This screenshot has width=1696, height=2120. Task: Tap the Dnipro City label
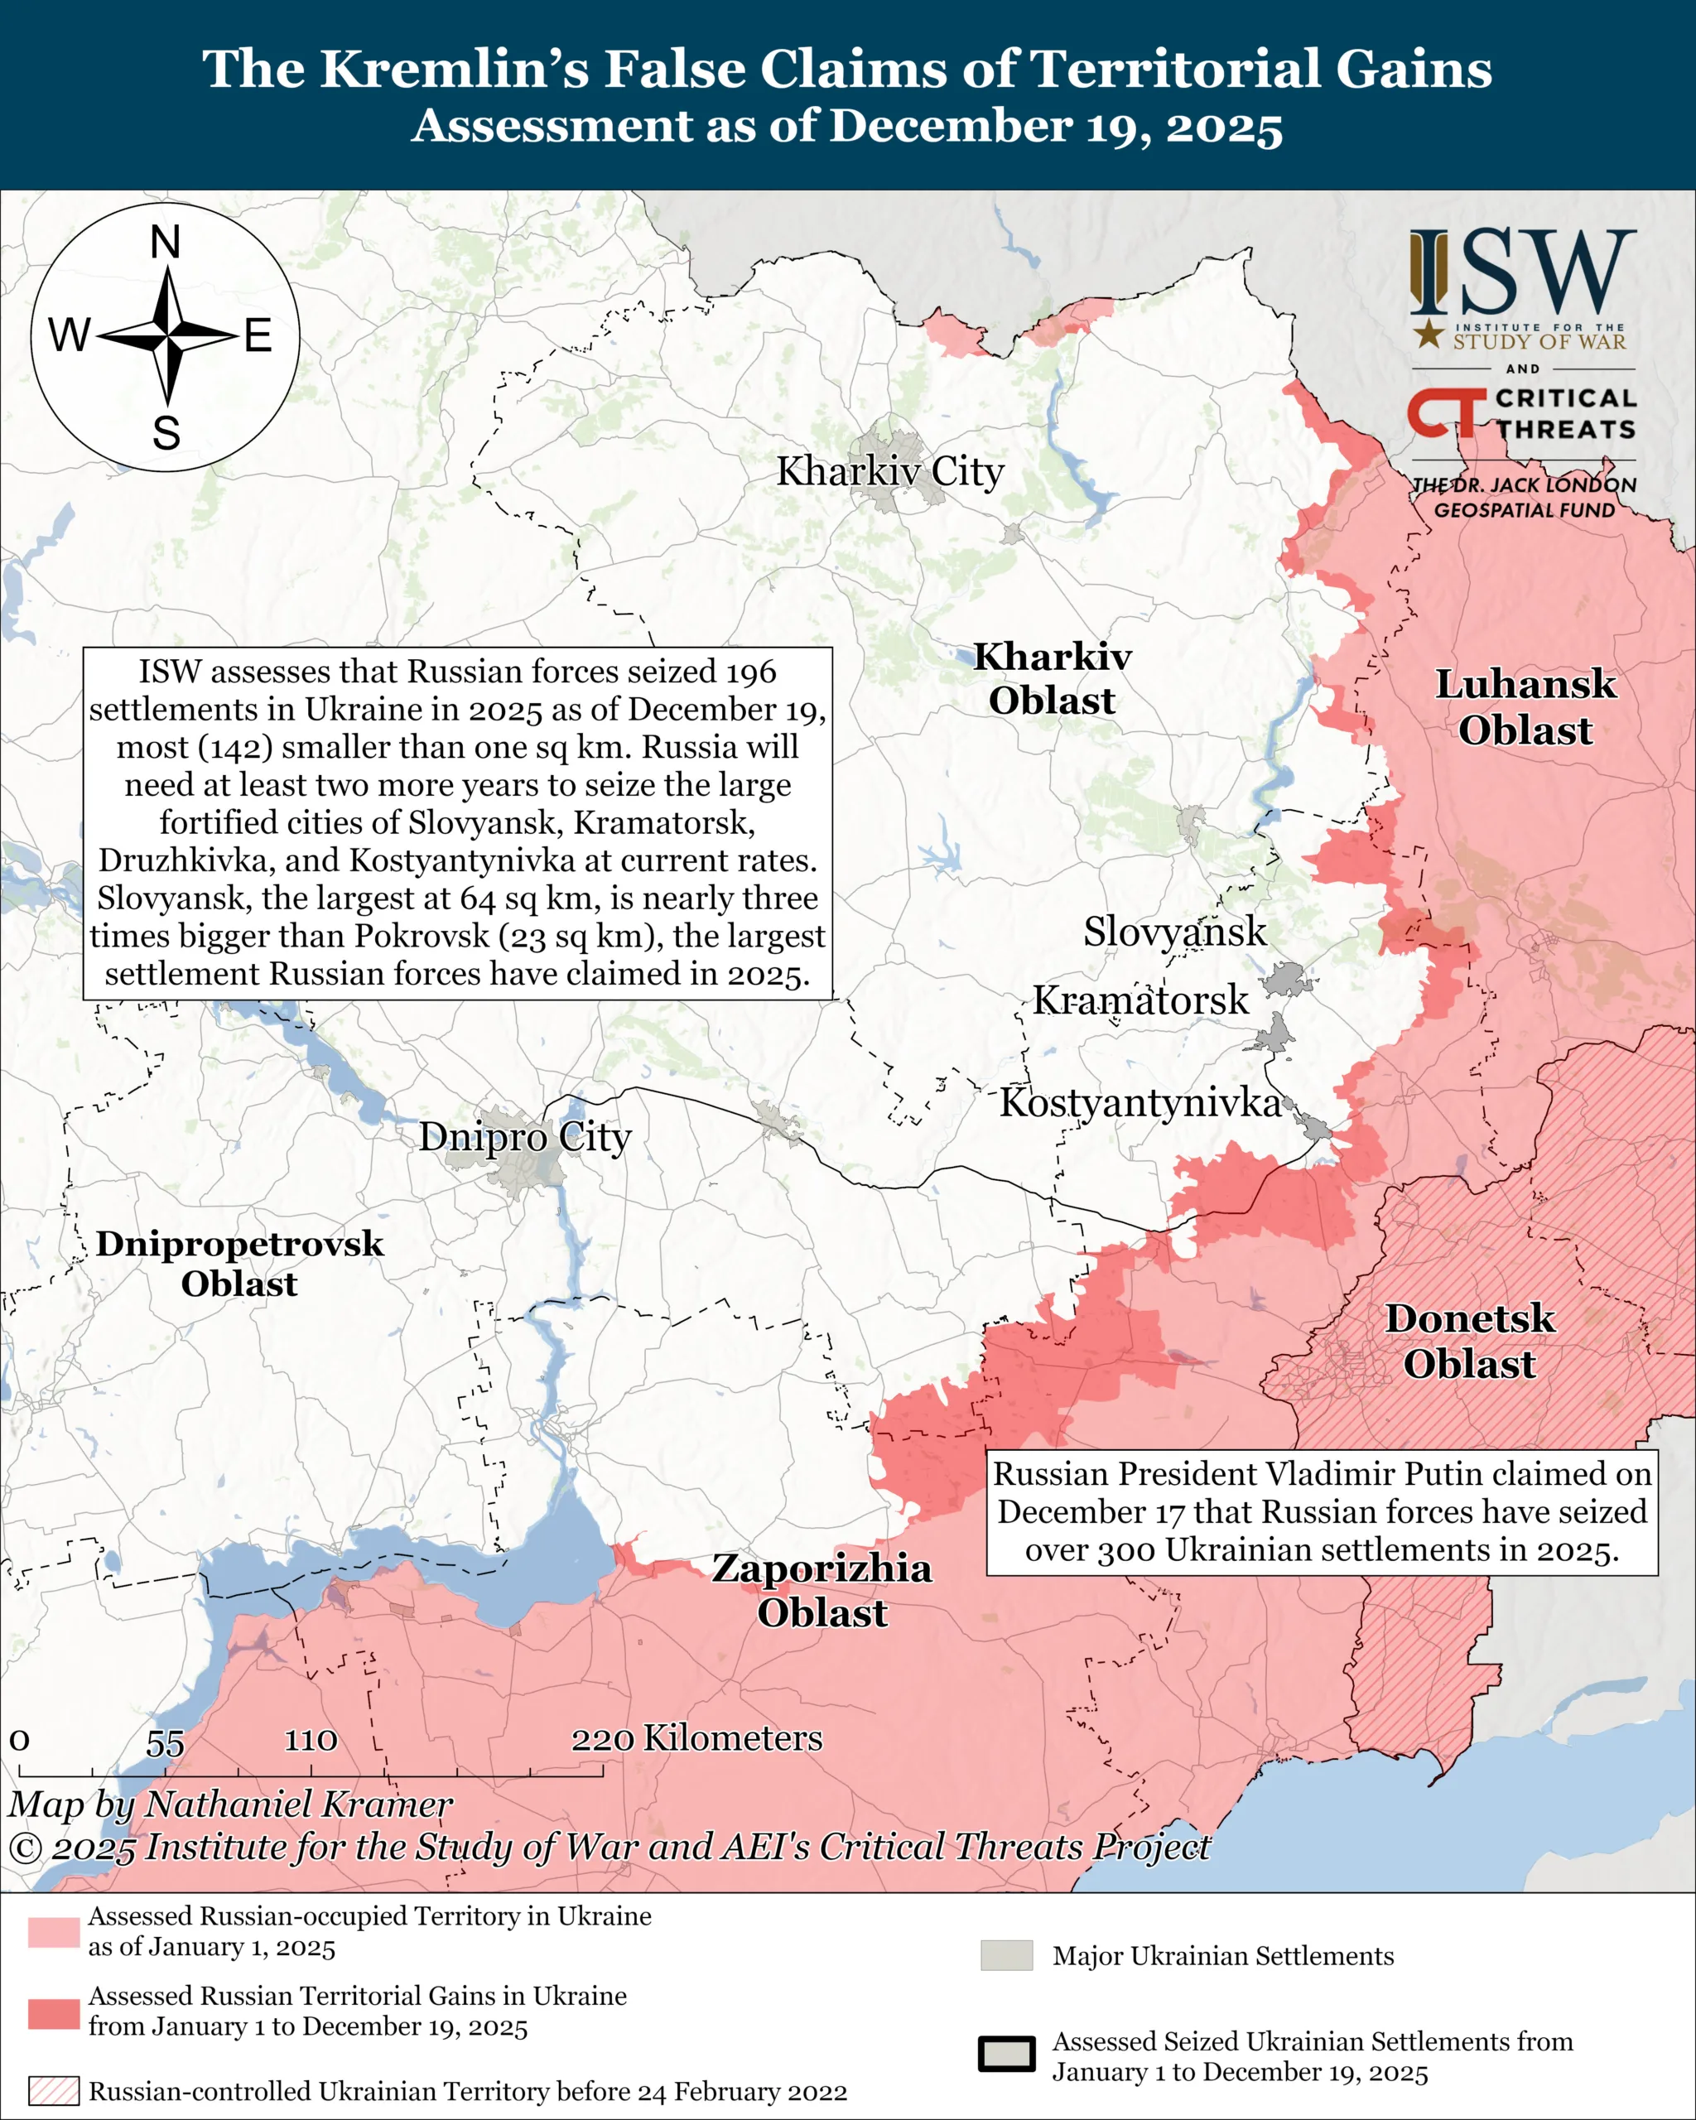click(525, 1138)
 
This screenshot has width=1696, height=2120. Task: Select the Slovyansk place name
click(1174, 932)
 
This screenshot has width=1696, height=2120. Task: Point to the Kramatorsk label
click(1139, 1001)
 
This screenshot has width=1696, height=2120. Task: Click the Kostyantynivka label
click(1139, 1103)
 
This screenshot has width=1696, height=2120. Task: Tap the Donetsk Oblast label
click(1469, 1342)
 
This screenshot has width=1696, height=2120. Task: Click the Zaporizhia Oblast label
click(822, 1590)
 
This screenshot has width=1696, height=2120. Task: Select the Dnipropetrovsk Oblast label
click(239, 1264)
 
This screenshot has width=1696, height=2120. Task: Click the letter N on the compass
click(165, 243)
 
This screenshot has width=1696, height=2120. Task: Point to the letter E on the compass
click(258, 337)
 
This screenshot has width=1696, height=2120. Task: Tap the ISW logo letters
click(1523, 272)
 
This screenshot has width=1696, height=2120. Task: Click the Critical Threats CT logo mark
click(1444, 413)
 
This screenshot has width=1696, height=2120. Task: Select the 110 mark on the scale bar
click(311, 1741)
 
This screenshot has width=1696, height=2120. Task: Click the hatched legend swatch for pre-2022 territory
click(53, 2090)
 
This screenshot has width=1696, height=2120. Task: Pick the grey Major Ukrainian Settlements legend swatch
click(1006, 1956)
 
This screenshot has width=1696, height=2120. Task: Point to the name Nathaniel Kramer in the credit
click(299, 1804)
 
